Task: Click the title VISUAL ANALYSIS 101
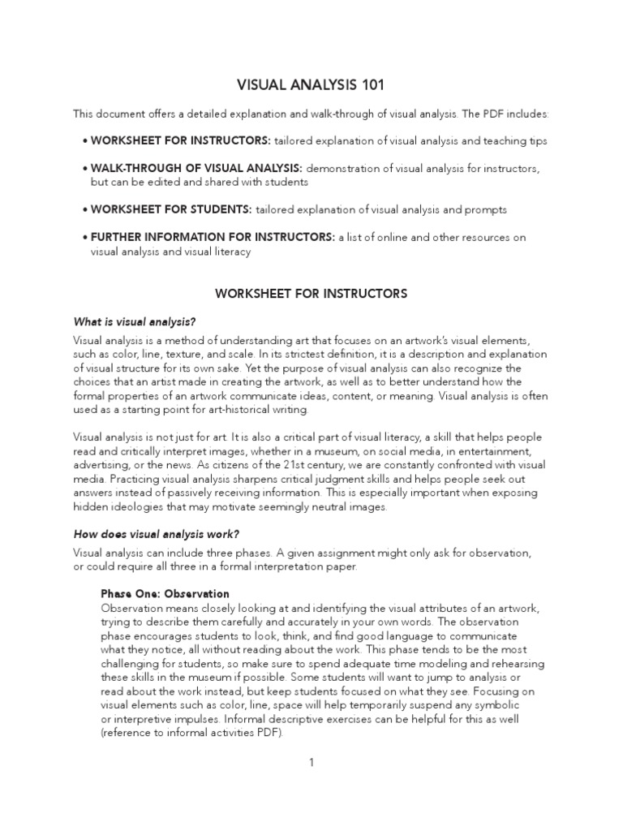[x=311, y=84]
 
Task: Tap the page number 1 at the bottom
[x=311, y=763]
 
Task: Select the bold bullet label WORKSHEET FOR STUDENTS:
[x=170, y=209]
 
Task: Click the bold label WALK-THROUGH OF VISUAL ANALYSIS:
[x=195, y=168]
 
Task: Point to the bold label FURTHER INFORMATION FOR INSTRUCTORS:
[x=212, y=238]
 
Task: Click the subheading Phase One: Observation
[x=165, y=594]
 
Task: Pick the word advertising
[x=101, y=464]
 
